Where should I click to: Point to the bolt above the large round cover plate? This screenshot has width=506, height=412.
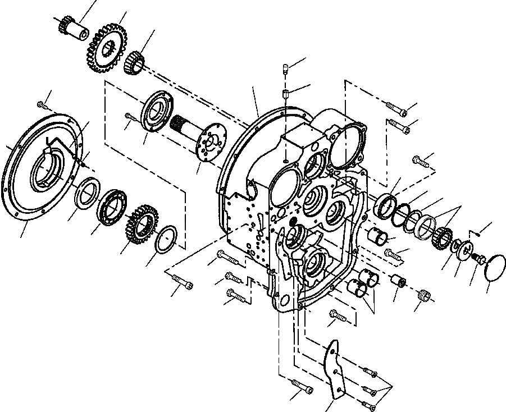(43, 104)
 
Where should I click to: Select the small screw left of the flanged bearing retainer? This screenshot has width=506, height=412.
(131, 117)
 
